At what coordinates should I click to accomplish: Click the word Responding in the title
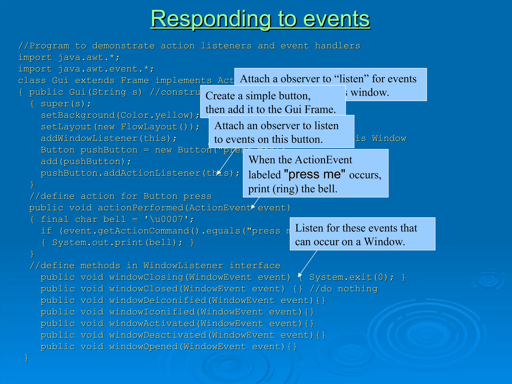(211, 19)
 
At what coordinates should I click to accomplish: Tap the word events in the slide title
(336, 19)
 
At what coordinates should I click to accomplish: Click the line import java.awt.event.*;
(86, 69)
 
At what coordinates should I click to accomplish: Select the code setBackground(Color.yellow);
(120, 115)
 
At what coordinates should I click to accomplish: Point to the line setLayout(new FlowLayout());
(120, 127)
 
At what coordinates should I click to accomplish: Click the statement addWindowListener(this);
(109, 138)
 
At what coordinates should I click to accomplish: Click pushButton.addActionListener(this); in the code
(140, 173)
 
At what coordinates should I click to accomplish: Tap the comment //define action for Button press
(120, 196)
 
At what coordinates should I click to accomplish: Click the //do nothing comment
(343, 289)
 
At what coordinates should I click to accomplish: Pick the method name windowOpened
(143, 347)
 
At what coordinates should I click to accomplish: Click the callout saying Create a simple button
(272, 102)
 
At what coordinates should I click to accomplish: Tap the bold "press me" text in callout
(315, 174)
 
